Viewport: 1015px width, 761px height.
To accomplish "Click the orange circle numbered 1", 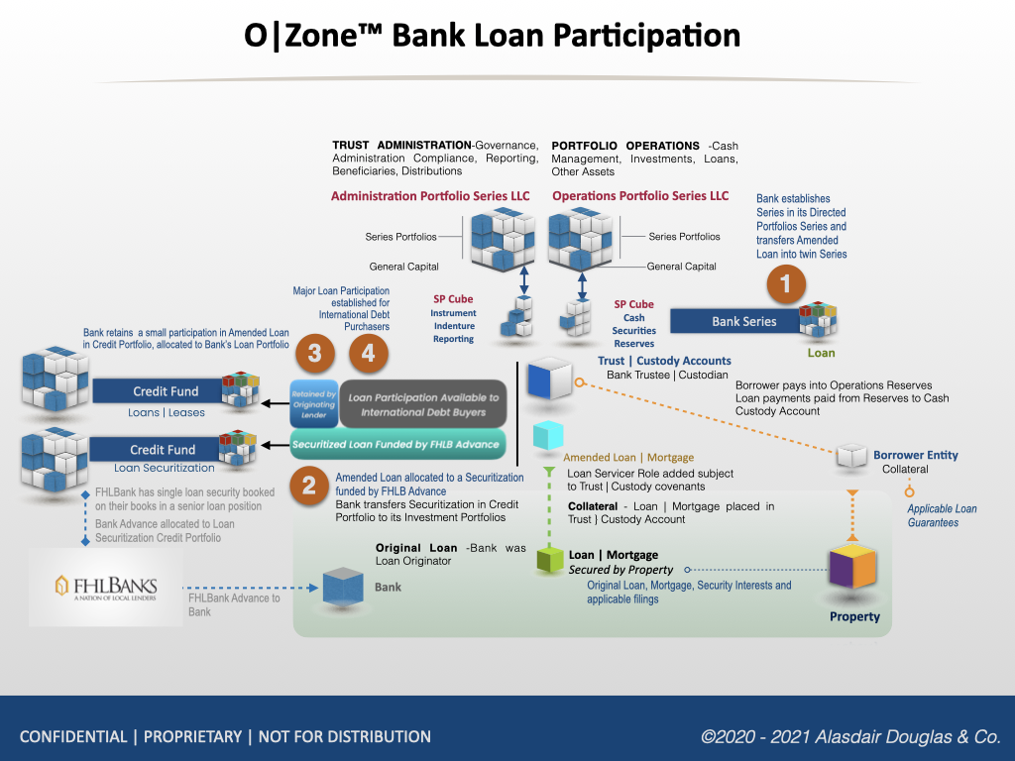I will (x=786, y=285).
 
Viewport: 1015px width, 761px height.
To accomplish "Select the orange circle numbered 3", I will (x=314, y=353).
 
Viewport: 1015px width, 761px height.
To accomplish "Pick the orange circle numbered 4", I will (x=368, y=353).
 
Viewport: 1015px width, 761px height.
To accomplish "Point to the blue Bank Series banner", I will (x=743, y=321).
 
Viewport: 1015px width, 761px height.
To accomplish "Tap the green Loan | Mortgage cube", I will (x=549, y=560).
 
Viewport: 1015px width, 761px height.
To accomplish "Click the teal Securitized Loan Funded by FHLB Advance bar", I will (x=395, y=445).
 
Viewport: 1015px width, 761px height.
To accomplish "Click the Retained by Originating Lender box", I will (x=313, y=404).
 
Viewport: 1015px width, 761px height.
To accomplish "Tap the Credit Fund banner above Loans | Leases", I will (x=164, y=391).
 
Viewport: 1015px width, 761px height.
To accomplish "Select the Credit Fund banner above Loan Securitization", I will (x=164, y=449).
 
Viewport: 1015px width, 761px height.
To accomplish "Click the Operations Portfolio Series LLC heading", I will (x=640, y=196).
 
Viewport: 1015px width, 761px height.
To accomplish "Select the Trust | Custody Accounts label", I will (x=664, y=361).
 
